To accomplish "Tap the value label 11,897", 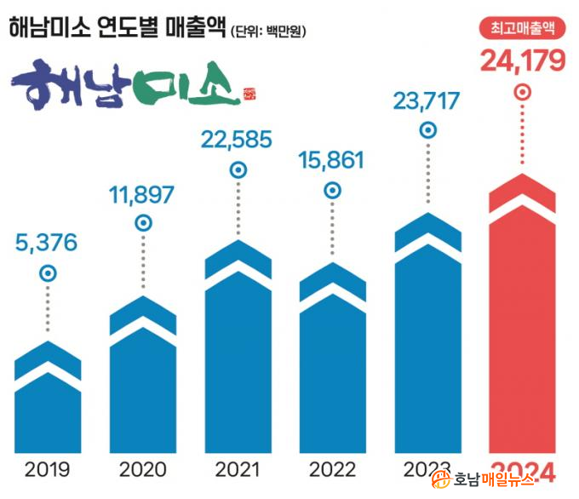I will [141, 194].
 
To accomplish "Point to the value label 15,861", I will [332, 159].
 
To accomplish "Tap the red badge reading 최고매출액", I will [523, 28].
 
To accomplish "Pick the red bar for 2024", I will [522, 332].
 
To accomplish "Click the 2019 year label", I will [48, 469].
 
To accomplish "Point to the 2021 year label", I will [238, 469].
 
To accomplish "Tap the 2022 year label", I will [333, 469].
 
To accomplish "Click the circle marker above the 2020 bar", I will [144, 223].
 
